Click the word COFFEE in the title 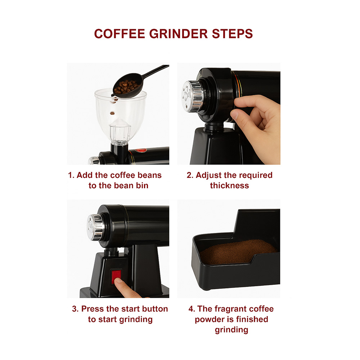(x=120, y=34)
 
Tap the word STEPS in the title (x=232, y=34)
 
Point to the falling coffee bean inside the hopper (x=112, y=113)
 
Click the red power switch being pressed (x=116, y=276)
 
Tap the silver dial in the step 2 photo (x=192, y=96)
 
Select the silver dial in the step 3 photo (x=95, y=227)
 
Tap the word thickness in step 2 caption (x=229, y=185)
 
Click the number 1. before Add (x=71, y=175)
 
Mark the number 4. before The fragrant (x=192, y=309)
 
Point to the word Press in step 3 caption (x=92, y=309)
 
